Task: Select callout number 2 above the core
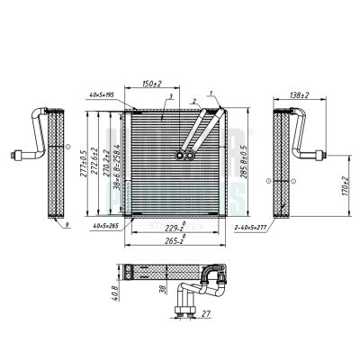click(193, 101)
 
